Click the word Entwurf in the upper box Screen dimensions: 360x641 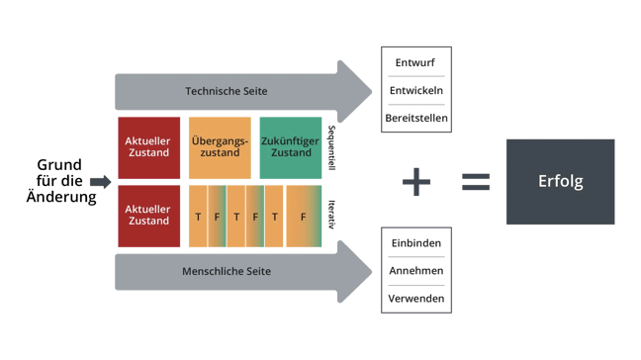(x=415, y=62)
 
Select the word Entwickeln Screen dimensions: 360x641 (x=415, y=90)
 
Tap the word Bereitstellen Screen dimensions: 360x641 (x=415, y=119)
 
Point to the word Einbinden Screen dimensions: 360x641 (x=415, y=242)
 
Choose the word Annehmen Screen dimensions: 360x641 (x=415, y=270)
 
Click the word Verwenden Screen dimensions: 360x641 (x=415, y=298)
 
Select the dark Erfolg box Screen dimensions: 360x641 (x=560, y=181)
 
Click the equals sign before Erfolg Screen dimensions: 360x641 (x=475, y=181)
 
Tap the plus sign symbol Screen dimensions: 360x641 (x=416, y=181)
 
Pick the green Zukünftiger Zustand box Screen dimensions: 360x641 (x=290, y=147)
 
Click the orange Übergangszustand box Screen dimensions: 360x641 (x=219, y=147)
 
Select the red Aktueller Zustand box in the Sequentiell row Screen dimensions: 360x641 (x=148, y=147)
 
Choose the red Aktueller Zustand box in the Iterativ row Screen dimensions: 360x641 (x=148, y=215)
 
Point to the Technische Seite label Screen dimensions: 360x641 (x=226, y=91)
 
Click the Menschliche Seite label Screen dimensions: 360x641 (x=228, y=270)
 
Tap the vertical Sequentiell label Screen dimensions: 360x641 (x=331, y=147)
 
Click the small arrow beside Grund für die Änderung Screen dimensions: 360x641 (x=99, y=182)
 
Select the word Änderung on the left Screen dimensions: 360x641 (x=61, y=198)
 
